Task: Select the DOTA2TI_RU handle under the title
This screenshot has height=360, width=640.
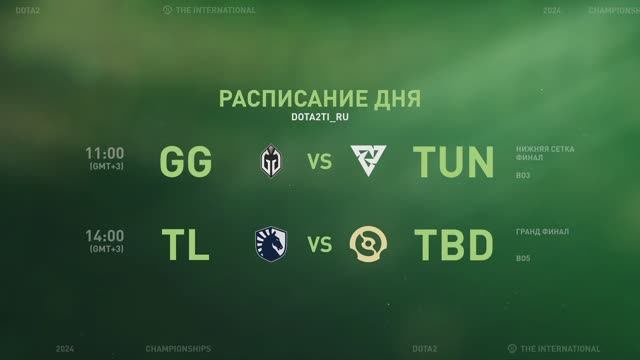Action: pos(319,118)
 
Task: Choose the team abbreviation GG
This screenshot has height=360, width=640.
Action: pos(185,161)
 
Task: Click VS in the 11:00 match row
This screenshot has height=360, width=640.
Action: pos(319,161)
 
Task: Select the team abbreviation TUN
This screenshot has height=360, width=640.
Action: pos(454,161)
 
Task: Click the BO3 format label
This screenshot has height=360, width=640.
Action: pos(523,177)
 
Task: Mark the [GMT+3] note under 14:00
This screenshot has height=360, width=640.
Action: pos(105,249)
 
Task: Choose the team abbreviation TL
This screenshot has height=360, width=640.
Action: pos(185,243)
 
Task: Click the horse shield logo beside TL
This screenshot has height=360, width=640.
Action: pos(271,243)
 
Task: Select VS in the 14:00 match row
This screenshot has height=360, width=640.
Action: pos(319,243)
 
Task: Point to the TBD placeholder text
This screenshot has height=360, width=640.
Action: pos(454,243)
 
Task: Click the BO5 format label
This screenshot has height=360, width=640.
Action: pos(523,259)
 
